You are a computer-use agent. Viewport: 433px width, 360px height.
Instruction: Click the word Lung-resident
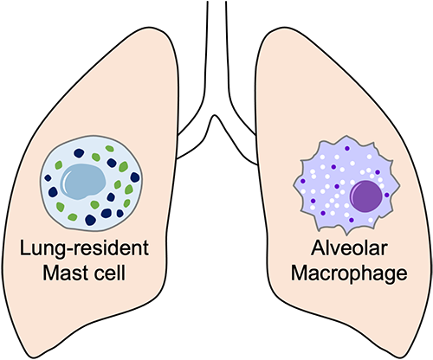pos(84,248)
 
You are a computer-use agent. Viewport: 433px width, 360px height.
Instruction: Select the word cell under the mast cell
pos(111,273)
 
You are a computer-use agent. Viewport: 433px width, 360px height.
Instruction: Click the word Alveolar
pos(349,247)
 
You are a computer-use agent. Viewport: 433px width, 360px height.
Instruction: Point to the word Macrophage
pos(349,273)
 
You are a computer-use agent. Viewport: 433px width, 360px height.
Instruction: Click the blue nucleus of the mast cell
pos(83,182)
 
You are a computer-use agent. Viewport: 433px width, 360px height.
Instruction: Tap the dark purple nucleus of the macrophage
pos(366,196)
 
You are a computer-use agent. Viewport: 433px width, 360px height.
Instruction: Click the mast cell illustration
pos(91,183)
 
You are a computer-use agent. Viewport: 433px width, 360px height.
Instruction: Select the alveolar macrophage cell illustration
pos(346,184)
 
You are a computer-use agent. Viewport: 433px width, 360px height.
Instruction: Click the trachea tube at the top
pos(216,43)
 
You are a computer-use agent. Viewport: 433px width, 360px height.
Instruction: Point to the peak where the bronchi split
pos(214,115)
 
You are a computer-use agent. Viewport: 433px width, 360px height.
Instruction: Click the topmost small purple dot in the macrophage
pos(347,148)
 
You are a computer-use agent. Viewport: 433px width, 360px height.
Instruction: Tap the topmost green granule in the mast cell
pos(110,149)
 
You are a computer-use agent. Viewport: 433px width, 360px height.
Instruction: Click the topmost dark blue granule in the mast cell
pos(79,153)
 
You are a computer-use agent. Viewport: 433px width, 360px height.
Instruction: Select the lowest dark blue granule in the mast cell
pos(90,220)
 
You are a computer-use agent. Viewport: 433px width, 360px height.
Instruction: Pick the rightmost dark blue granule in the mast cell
pos(135,177)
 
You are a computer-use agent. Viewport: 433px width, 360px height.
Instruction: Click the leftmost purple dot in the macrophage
pos(303,181)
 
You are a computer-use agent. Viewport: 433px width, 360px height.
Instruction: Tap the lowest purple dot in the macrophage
pos(352,220)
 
